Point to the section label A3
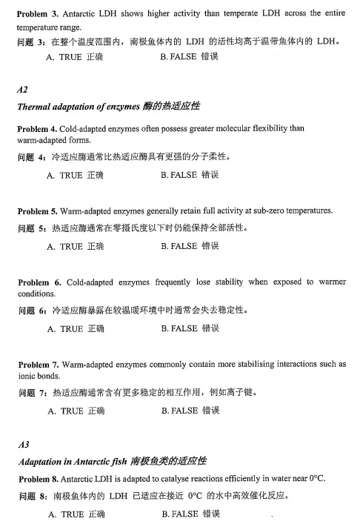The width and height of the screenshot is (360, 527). pyautogui.click(x=23, y=445)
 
